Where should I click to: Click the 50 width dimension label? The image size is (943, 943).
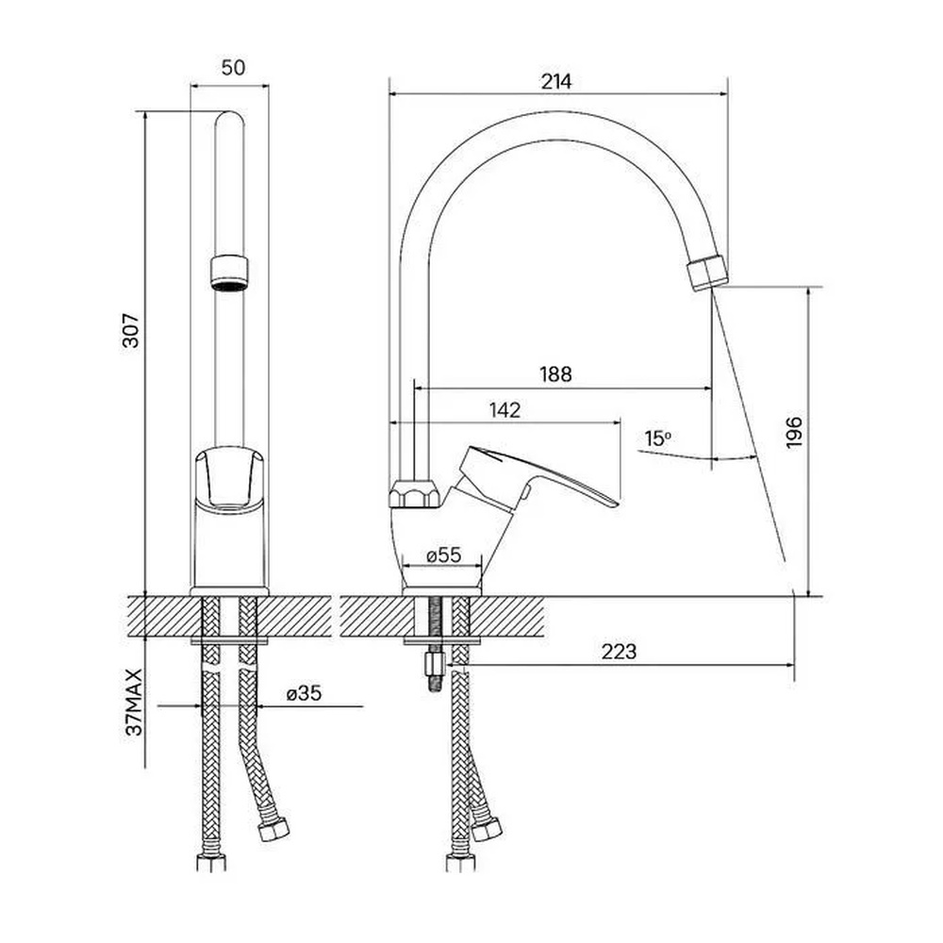(233, 67)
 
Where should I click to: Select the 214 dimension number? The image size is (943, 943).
(556, 81)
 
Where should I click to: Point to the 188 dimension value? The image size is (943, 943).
(555, 374)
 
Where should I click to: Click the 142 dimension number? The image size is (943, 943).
(505, 410)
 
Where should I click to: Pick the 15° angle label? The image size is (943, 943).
(657, 438)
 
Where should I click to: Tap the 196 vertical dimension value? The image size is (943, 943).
(794, 431)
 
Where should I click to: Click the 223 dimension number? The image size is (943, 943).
(619, 652)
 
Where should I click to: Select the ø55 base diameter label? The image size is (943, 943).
(444, 554)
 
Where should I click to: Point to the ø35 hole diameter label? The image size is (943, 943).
(305, 693)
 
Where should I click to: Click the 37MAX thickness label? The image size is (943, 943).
(134, 702)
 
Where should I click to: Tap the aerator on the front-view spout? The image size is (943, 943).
(229, 273)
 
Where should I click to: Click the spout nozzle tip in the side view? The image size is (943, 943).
(707, 273)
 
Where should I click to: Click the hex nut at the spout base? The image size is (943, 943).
(415, 494)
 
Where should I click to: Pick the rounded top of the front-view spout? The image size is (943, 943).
(229, 118)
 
